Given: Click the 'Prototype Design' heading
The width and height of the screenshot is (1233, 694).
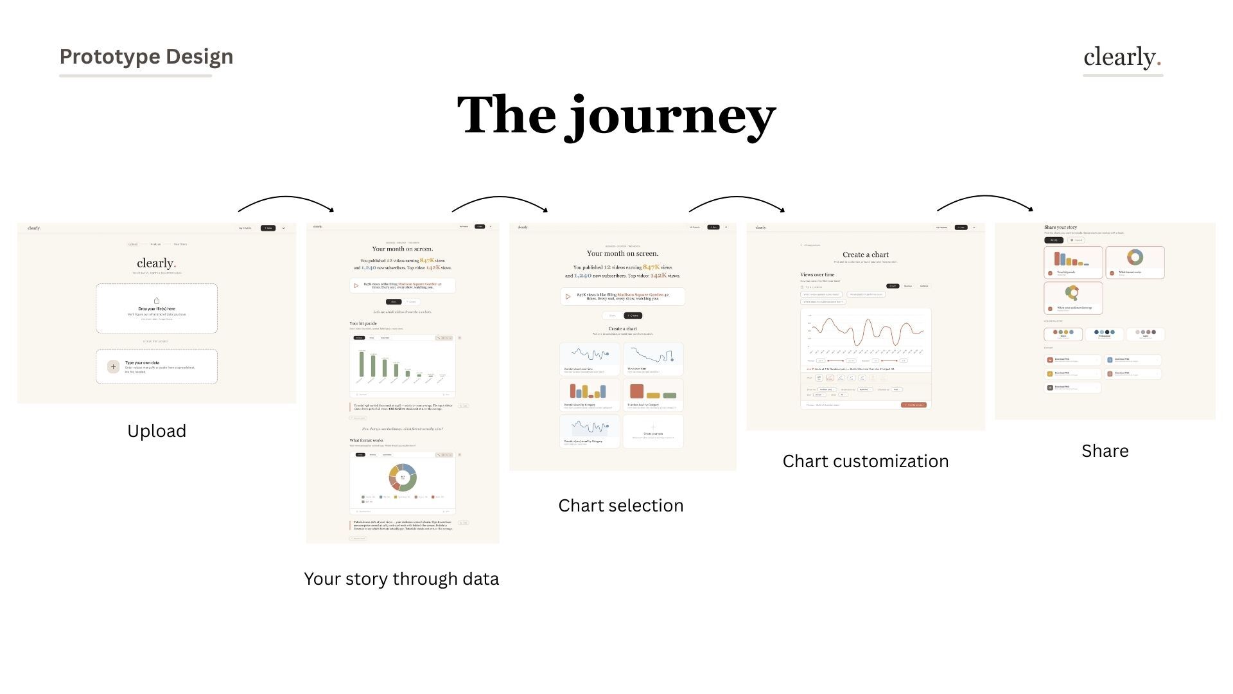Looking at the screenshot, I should (x=146, y=57).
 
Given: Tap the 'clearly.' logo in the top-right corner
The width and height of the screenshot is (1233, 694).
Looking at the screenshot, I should (x=1122, y=57).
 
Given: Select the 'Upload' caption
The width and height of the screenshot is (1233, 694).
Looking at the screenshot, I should (x=157, y=431).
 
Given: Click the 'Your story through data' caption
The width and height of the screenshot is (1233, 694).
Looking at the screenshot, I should (x=401, y=579).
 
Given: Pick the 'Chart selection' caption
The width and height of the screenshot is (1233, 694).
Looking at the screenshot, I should (x=620, y=506).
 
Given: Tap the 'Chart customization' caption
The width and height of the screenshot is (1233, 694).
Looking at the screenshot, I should (x=865, y=461).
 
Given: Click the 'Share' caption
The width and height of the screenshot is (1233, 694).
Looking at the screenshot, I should (x=1105, y=451).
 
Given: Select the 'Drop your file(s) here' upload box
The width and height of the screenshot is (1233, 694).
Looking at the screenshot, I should (x=157, y=308).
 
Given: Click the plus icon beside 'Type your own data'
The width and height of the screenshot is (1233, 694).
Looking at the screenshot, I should (x=113, y=366).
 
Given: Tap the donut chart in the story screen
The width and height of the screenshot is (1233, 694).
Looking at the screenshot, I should (x=403, y=477).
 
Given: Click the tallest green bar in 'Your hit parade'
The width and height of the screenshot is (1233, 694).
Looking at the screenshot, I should (x=362, y=364).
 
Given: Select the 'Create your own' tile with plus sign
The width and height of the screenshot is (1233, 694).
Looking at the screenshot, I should (x=653, y=431).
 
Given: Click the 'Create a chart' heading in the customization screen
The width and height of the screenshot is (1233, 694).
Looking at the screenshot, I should (x=865, y=255).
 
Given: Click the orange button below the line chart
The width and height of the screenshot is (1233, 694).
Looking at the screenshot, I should (x=913, y=405).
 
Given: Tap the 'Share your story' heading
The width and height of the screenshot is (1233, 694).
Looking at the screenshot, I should (x=1060, y=227).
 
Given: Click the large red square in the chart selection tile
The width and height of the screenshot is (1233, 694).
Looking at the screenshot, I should (x=636, y=391).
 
